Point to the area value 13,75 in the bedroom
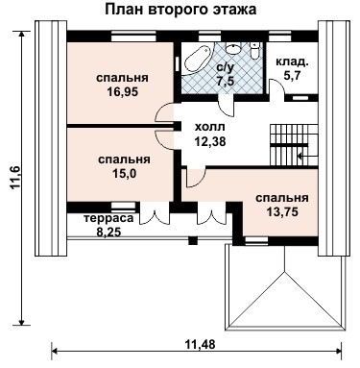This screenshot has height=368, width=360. click(x=281, y=213)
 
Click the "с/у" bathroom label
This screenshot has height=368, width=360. click(x=225, y=67)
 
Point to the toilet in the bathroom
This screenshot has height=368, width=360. click(x=255, y=50)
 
